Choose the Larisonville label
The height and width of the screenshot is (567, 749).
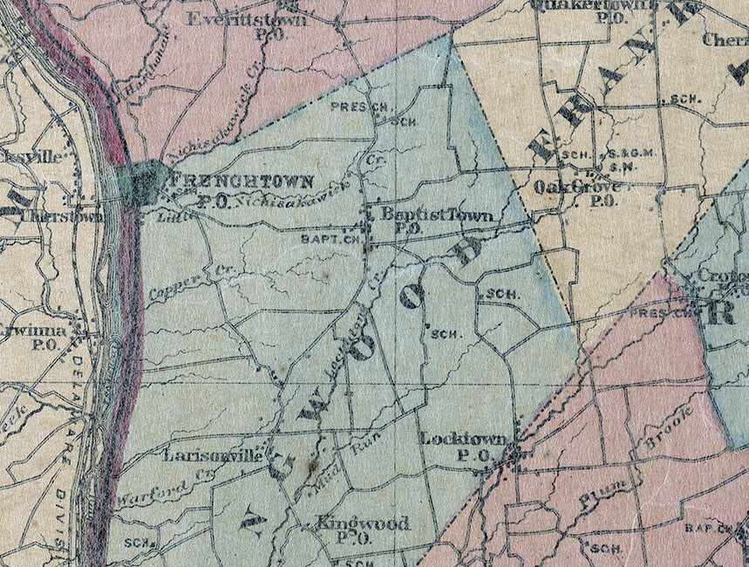pos(211,455)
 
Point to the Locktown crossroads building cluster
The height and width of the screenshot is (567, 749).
pos(513,454)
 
